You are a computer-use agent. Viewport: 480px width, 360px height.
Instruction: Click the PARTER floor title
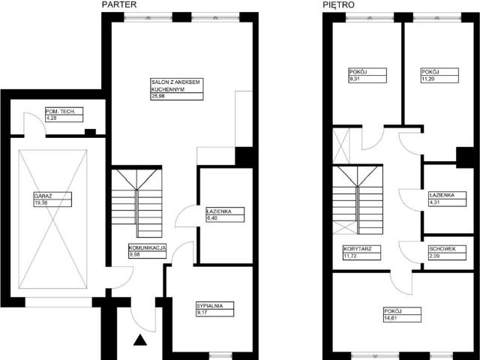[118, 4]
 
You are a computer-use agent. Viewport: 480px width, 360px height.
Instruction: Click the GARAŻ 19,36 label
[51, 199]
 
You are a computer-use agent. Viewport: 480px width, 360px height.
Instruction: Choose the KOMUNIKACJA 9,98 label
[146, 250]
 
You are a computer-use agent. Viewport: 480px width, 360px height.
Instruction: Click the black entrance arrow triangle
[140, 341]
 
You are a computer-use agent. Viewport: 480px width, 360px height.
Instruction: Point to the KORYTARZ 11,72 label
[361, 252]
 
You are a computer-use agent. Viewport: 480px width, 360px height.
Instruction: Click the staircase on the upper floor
[358, 198]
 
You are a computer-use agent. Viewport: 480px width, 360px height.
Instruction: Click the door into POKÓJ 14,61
[400, 282]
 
